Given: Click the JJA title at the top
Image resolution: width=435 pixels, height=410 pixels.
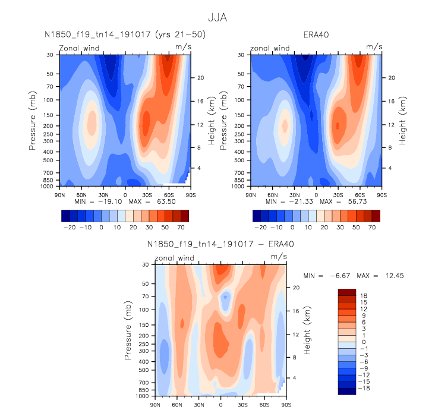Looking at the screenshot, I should point(218,17).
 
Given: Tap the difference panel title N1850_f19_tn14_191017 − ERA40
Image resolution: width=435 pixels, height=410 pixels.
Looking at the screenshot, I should point(220,244).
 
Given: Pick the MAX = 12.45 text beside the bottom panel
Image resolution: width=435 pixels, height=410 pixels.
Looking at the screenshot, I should point(371,276).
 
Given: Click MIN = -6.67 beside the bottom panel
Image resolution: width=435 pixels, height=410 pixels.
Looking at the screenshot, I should point(324,276).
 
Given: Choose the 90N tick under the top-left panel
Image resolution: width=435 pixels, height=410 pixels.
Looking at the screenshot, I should point(59,194).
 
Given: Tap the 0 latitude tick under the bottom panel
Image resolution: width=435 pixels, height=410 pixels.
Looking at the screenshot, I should point(221,404).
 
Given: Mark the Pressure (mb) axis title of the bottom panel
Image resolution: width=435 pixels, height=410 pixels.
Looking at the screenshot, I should point(128,330).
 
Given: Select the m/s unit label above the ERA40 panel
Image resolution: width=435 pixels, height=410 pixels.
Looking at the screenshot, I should point(374,46).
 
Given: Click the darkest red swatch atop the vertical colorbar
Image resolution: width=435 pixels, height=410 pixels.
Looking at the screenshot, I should point(346,292).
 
